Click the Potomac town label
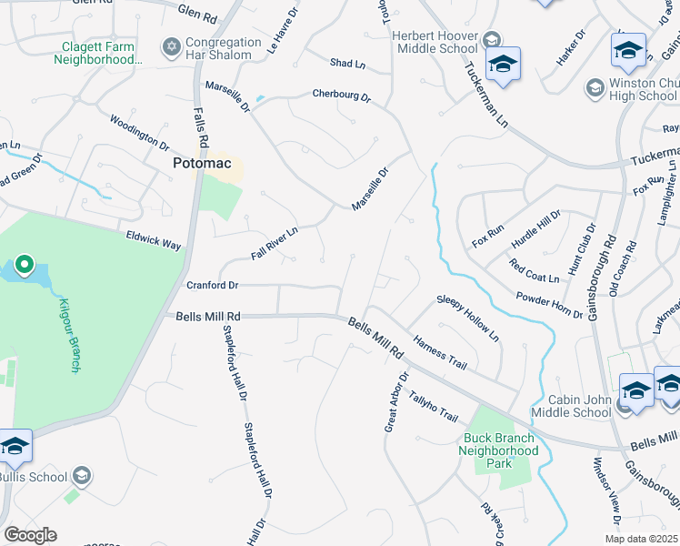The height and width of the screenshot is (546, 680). point(205,164)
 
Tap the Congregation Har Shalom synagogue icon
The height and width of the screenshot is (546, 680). point(170,45)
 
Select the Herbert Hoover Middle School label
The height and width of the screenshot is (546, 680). point(434,42)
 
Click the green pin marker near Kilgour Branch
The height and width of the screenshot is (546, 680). point(24,266)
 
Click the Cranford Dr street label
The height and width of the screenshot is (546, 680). point(212,285)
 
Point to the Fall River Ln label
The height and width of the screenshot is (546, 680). point(274,244)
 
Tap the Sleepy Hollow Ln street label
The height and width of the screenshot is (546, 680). point(467,318)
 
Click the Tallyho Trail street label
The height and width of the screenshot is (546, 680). point(433,407)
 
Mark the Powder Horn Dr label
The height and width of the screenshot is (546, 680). point(549,306)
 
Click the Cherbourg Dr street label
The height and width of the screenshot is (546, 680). point(341,95)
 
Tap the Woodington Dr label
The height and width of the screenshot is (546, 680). point(139,133)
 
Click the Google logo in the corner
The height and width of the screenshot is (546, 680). point(30,535)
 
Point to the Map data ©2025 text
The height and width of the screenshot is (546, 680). point(641,539)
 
